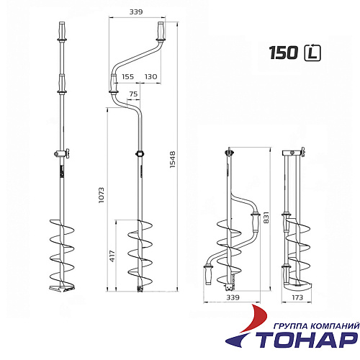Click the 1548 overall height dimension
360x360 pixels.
tap(173, 159)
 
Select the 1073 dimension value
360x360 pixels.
tap(102, 195)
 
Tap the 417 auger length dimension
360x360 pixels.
tap(112, 256)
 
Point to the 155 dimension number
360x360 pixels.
tap(127, 77)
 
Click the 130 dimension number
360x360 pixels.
tap(150, 77)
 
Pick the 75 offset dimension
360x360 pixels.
tap(133, 94)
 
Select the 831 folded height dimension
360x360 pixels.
tap(266, 217)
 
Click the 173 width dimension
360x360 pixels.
tap(297, 297)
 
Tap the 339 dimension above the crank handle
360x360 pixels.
tap(136, 12)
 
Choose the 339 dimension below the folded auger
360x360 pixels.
tap(233, 297)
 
